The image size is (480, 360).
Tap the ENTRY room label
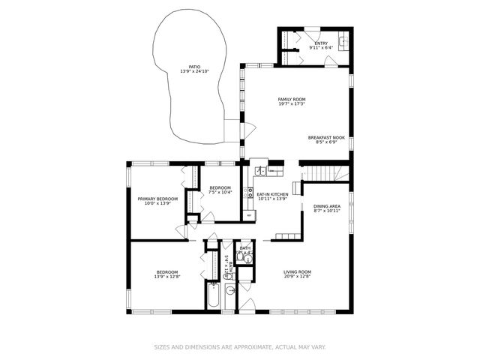tap(320, 43)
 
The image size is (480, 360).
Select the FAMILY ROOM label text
tap(292, 99)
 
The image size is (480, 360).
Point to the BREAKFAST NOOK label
tap(326, 137)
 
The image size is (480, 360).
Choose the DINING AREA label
tap(327, 206)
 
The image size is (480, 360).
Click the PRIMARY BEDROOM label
tap(157, 199)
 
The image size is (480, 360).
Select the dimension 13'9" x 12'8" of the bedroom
tap(166, 277)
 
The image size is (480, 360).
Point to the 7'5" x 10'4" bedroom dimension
tap(220, 192)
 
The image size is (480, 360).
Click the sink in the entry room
tap(343, 42)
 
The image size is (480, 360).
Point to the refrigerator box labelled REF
tap(250, 215)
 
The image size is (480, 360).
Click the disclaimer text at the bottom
tap(240, 347)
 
